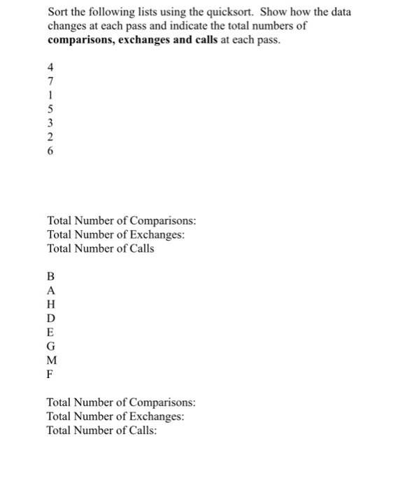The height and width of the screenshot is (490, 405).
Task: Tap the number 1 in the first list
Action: [x=50, y=96]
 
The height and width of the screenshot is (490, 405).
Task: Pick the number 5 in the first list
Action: [x=50, y=110]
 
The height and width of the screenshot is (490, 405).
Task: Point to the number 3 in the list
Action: [x=50, y=123]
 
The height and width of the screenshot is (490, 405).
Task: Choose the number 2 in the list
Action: [x=50, y=137]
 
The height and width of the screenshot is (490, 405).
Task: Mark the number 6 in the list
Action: [x=50, y=151]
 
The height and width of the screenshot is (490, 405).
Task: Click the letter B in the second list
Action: [x=50, y=275]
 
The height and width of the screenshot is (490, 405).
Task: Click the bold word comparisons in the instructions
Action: [x=79, y=39]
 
